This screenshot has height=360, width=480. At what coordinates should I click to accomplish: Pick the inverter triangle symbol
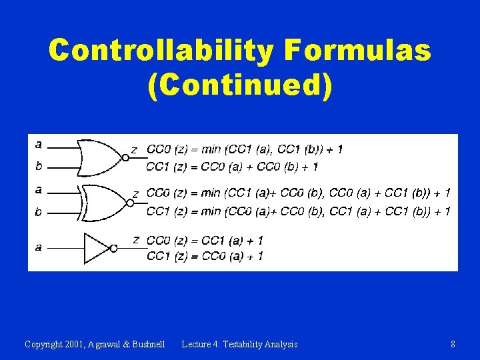[x=96, y=248]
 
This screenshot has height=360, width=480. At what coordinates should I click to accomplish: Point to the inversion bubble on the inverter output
[x=114, y=248]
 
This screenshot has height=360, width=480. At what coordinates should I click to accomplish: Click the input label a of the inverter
[x=39, y=247]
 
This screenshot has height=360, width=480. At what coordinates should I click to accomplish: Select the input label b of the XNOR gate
[x=39, y=212]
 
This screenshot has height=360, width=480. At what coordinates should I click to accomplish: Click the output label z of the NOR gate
[x=134, y=150]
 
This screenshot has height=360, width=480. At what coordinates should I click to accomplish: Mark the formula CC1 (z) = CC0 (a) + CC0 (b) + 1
[x=231, y=166]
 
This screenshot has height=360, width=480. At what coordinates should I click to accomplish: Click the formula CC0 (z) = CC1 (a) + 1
[x=205, y=240]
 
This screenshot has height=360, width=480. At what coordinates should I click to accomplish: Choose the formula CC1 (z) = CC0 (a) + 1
[x=205, y=256]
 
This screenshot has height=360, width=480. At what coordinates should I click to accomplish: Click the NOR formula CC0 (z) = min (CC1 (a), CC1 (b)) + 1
[x=244, y=149]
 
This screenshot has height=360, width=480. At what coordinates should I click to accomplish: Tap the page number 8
[x=453, y=344]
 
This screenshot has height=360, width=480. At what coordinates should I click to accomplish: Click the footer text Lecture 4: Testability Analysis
[x=239, y=344]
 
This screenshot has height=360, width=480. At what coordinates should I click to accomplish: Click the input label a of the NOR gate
[x=39, y=144]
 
